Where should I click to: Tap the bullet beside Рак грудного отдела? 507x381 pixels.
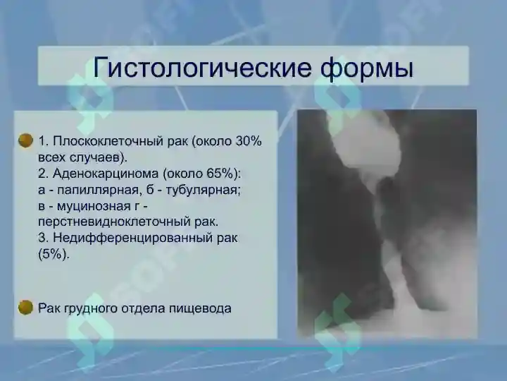point(26,307)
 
